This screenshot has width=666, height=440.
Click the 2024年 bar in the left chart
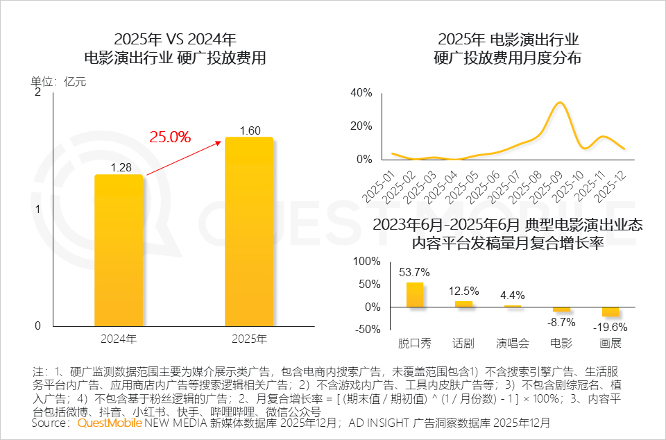(x=119, y=250)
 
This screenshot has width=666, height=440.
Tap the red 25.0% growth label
(x=170, y=137)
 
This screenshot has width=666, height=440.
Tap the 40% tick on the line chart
(x=362, y=93)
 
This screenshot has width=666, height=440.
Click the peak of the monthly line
(x=560, y=103)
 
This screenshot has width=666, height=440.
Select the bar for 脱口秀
(x=414, y=294)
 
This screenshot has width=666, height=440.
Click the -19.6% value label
(x=610, y=327)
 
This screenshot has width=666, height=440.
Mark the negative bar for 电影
(x=561, y=310)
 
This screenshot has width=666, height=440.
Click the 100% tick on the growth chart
(x=367, y=262)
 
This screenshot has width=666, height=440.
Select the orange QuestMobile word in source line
(x=109, y=423)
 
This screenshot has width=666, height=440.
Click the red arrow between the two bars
(x=183, y=156)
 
